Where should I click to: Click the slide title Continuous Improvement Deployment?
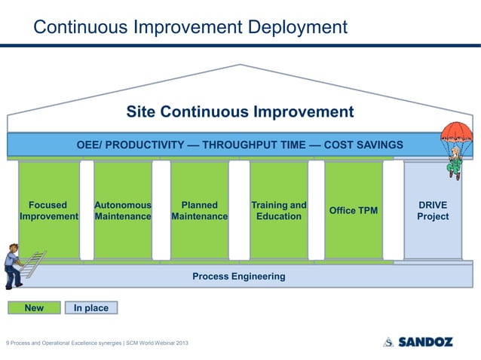[x=191, y=28]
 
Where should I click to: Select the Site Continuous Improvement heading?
[x=240, y=112]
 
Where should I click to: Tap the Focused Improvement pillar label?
[x=48, y=211]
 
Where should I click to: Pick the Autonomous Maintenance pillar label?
[x=123, y=211]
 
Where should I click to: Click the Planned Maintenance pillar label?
[x=200, y=211]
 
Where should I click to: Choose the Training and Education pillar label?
[x=278, y=211]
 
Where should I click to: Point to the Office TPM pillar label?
[x=354, y=211]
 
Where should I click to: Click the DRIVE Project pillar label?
[x=433, y=211]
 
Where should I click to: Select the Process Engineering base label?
[x=238, y=276]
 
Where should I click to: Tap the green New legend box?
[x=34, y=308]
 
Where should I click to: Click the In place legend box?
[x=91, y=308]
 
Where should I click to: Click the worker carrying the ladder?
[x=12, y=267]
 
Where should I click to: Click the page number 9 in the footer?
[x=8, y=343]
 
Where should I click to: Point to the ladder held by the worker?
[x=34, y=264]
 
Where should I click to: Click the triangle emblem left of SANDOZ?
[x=388, y=342]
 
